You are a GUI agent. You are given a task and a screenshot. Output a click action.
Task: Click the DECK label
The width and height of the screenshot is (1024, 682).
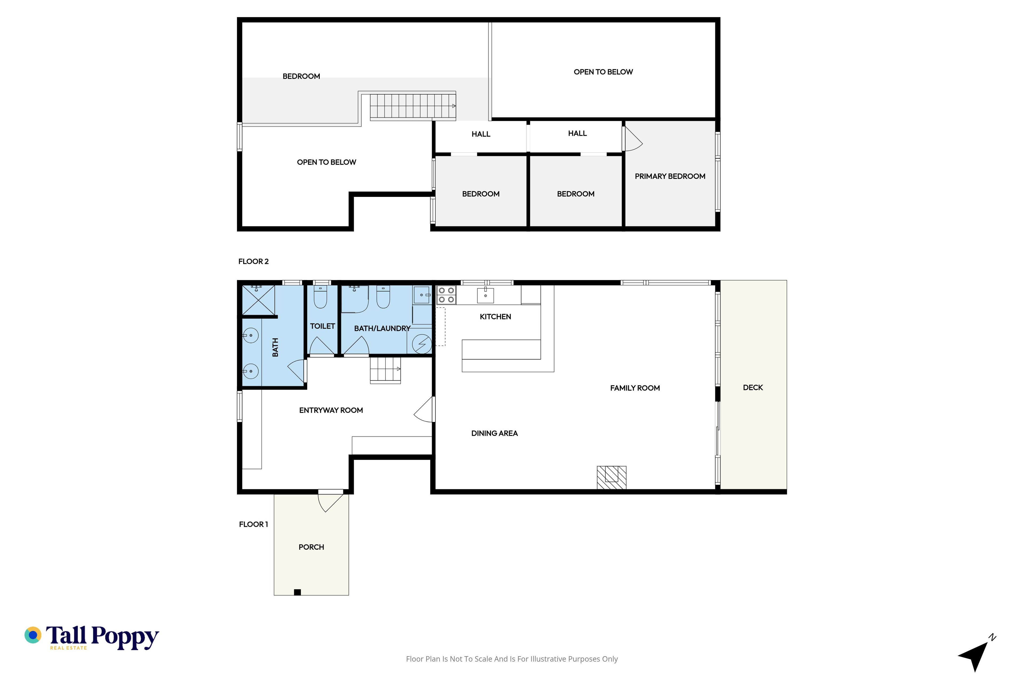click(753, 388)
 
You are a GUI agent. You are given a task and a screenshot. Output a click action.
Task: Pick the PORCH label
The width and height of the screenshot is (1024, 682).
click(311, 547)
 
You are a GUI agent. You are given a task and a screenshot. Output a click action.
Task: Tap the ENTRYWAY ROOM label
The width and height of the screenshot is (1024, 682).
click(331, 410)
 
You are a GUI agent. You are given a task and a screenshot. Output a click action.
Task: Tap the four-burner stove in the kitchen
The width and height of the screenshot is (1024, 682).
click(446, 295)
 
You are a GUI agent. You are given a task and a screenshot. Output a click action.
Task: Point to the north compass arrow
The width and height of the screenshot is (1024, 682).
click(977, 654)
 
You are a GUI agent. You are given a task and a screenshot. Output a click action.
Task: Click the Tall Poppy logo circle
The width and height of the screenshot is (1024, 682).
click(33, 635)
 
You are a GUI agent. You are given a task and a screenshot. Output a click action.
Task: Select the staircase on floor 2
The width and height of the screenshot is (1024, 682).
click(413, 106)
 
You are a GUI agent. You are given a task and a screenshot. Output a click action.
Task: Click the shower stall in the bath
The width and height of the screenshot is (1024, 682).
click(258, 300)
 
